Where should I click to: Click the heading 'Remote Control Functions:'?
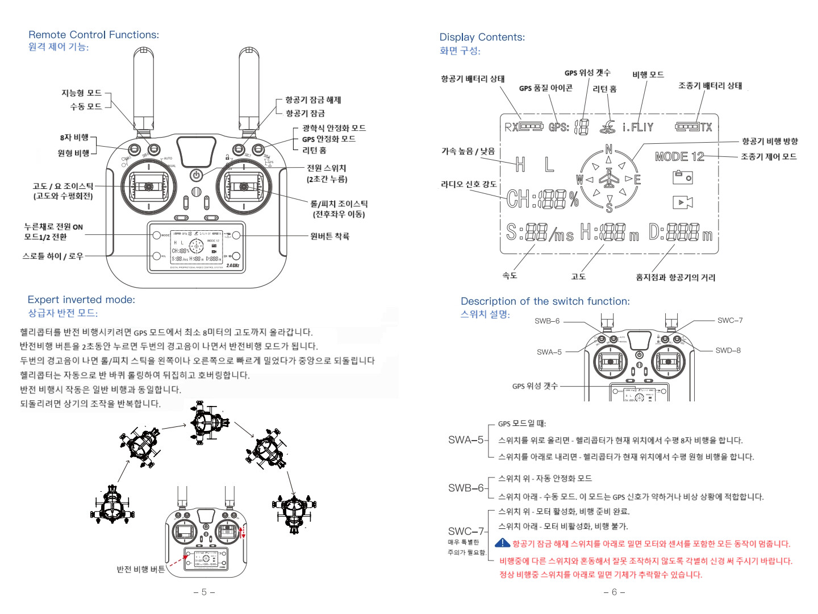point(94,35)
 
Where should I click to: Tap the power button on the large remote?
point(196,175)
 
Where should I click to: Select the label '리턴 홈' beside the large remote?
point(314,150)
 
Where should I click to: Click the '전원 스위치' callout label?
point(326,168)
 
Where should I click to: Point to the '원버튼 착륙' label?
point(329,236)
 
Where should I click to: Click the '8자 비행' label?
point(74,138)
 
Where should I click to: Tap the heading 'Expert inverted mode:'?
point(81,300)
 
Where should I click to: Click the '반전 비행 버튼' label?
point(141,569)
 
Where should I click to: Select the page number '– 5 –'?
point(204,592)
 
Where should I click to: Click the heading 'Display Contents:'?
point(482,37)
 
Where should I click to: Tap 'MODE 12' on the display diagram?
point(679,156)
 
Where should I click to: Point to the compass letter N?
point(609,150)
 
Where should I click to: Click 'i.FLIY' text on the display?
point(638,127)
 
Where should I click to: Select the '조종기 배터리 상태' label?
point(710,86)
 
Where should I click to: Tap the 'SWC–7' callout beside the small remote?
point(730,321)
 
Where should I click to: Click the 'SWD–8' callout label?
point(728,350)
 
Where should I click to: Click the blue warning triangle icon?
point(502,543)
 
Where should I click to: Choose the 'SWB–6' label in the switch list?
point(466,488)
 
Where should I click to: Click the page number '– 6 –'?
point(614,592)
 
